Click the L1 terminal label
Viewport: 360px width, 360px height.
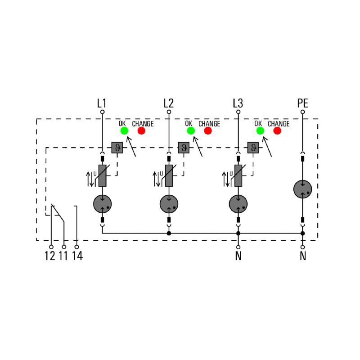(102, 103)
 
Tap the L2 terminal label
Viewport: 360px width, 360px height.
(168, 103)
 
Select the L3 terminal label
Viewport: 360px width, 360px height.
(238, 103)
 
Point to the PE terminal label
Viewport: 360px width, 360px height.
(302, 103)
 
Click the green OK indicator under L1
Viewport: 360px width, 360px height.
(125, 130)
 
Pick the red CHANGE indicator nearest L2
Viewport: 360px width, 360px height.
(208, 130)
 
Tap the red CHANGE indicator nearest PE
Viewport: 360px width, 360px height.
(277, 130)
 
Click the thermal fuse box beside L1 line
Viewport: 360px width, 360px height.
(117, 148)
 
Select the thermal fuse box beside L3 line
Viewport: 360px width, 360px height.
(253, 148)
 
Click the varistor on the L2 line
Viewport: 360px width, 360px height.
(169, 175)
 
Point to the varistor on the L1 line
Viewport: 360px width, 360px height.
(103, 175)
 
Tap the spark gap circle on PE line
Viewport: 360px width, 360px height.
(302, 189)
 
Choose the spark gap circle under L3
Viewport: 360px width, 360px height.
(238, 204)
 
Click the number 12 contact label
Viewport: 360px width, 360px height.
(50, 256)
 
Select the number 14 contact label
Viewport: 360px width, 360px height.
(77, 256)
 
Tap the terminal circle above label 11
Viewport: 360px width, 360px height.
(64, 247)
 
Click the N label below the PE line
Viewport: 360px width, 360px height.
(303, 256)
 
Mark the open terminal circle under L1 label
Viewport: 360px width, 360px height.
(103, 112)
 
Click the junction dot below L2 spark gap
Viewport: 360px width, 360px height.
(169, 234)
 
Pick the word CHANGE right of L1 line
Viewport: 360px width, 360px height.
(143, 124)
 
